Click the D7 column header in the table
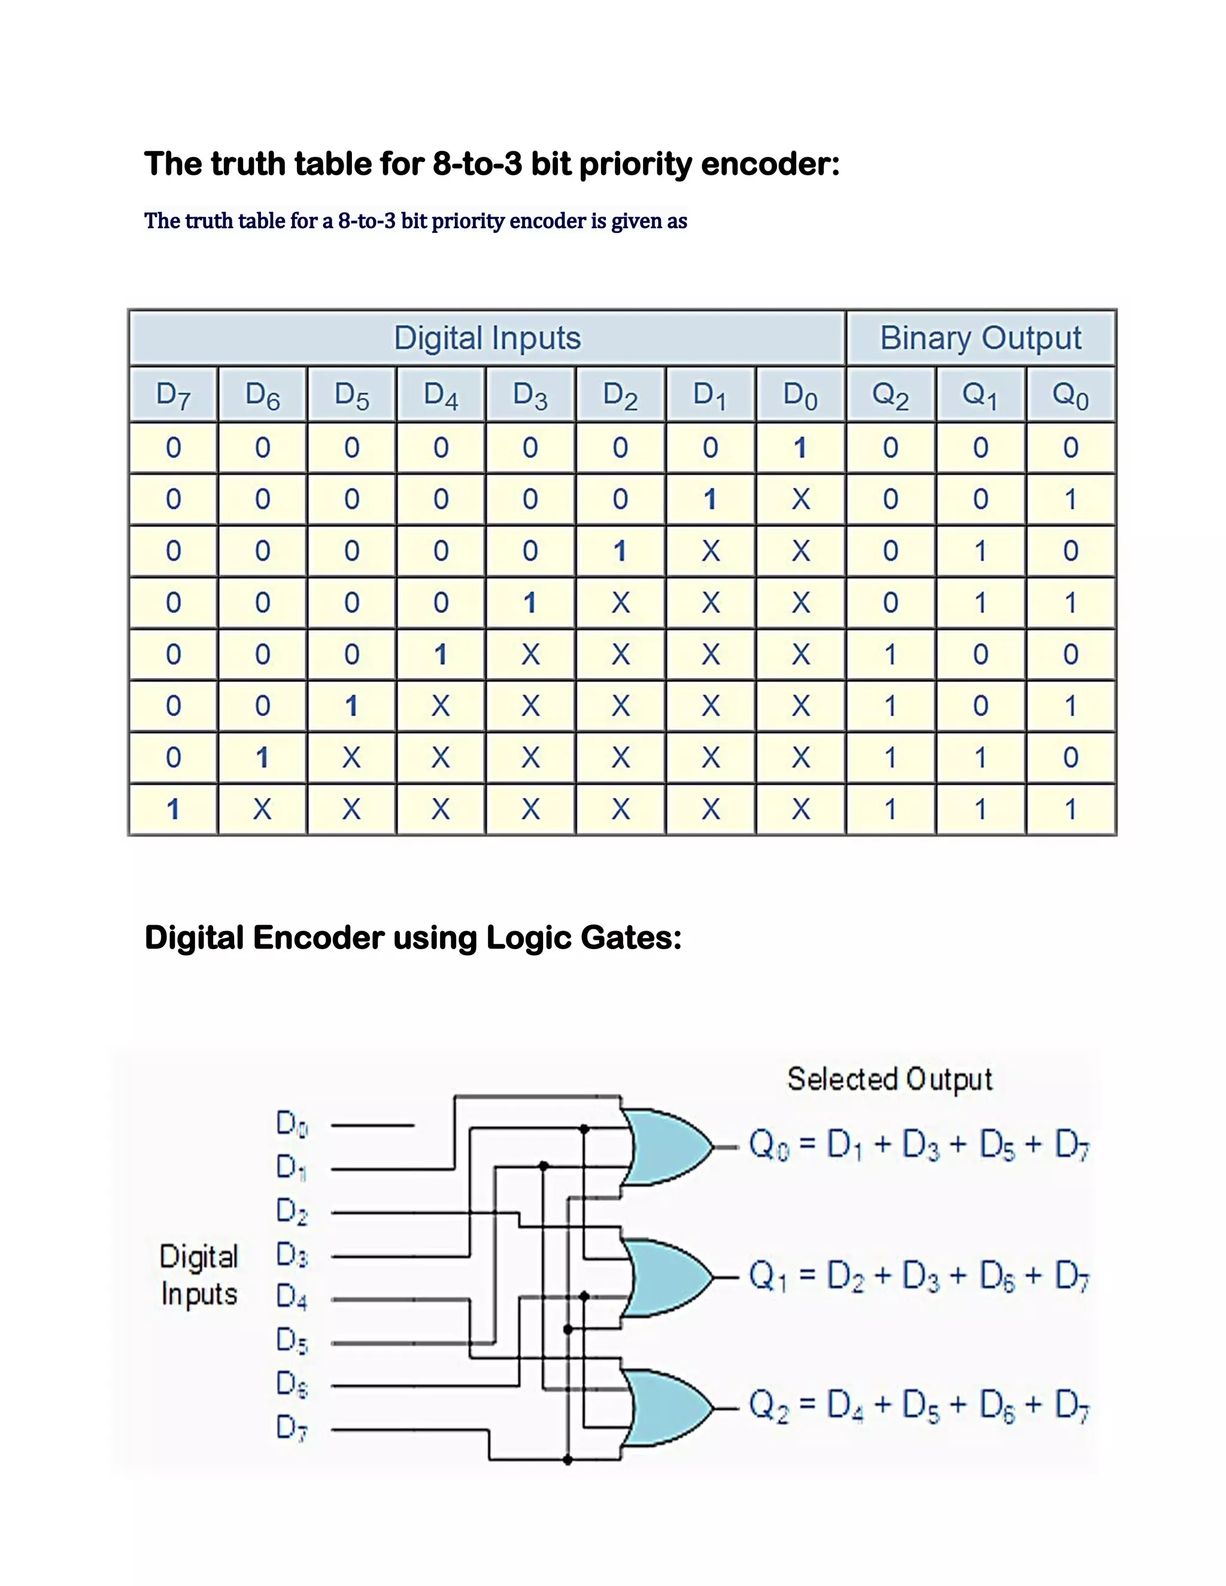173,395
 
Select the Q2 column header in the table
890,395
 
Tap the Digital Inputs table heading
487,338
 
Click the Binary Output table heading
981,338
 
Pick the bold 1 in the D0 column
800,447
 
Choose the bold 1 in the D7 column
173,809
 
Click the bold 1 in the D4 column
441,654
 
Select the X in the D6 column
262,809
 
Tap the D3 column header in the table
530,395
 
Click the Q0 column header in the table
1070,395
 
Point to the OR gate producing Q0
668,1147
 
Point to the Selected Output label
890,1080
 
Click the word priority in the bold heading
636,164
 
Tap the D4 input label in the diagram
292,1298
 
